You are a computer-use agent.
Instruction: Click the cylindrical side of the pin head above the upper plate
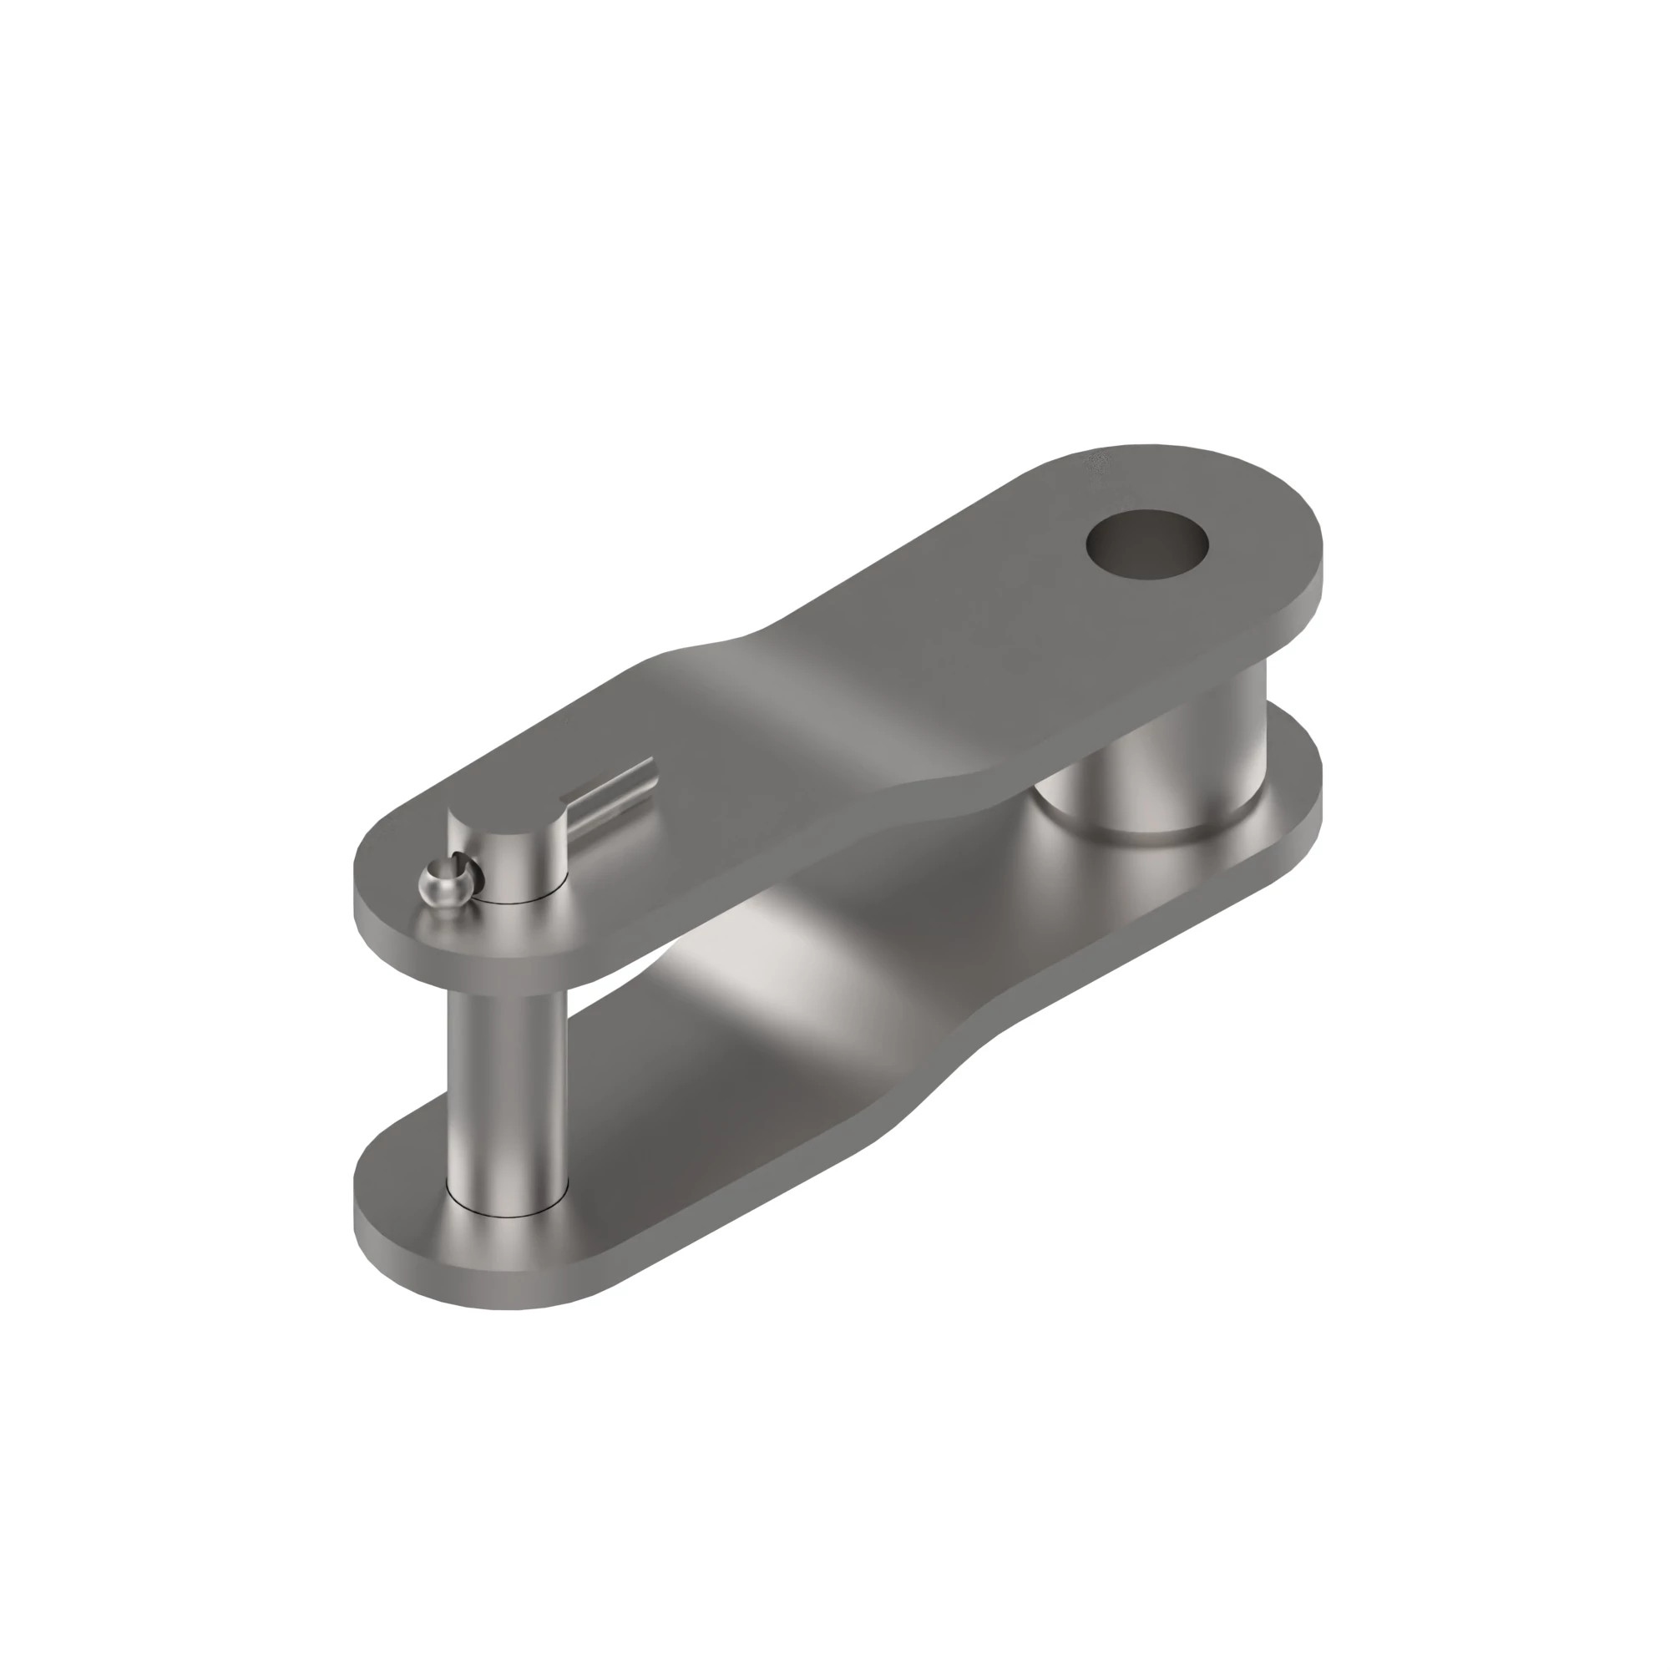click(x=519, y=864)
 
